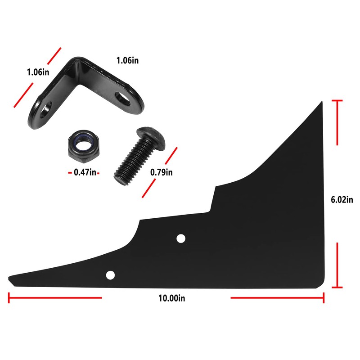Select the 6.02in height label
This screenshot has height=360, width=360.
pos(342,200)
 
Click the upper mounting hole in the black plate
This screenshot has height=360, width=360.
pos(181,238)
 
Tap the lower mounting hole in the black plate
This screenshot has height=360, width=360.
pos(110,274)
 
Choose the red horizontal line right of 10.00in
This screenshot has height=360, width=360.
pos(277,297)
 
